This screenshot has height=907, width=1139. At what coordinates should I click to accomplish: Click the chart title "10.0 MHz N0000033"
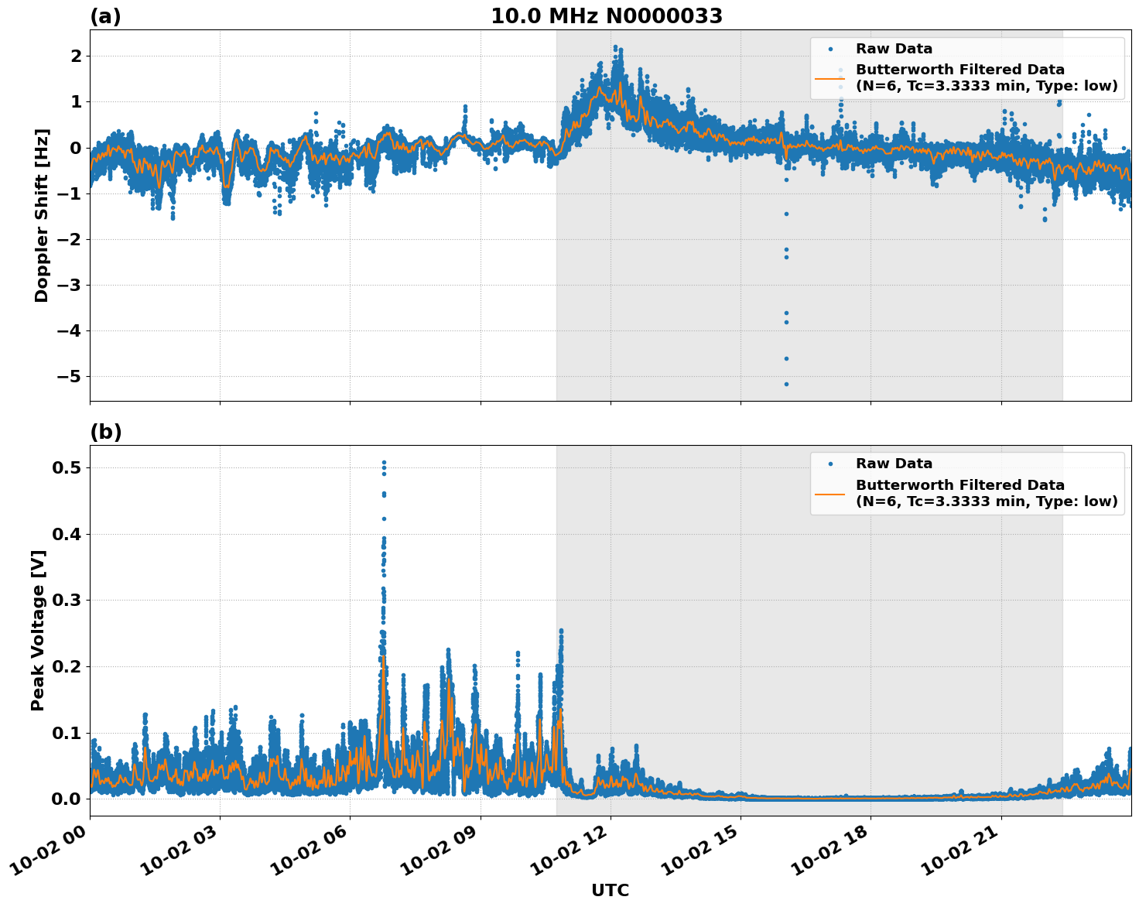(607, 16)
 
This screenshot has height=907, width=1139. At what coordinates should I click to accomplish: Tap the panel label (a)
(105, 16)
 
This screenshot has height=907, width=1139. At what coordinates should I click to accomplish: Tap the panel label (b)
(105, 432)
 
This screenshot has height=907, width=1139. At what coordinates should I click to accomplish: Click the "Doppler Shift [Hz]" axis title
(42, 215)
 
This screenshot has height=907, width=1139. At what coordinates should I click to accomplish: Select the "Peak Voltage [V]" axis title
(38, 630)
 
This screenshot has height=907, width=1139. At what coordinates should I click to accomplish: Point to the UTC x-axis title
(610, 890)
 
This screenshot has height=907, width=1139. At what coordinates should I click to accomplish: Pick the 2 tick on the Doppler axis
(76, 56)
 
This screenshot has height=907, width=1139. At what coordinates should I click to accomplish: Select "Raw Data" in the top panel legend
(894, 49)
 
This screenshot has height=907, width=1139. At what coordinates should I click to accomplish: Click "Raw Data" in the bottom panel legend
(894, 464)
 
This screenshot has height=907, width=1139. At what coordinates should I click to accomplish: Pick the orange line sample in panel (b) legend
(830, 493)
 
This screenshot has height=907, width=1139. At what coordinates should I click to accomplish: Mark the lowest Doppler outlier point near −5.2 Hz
(786, 384)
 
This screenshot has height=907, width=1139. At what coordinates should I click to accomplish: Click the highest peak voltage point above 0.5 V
(384, 463)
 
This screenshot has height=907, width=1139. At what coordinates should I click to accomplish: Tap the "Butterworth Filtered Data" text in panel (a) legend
(959, 70)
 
